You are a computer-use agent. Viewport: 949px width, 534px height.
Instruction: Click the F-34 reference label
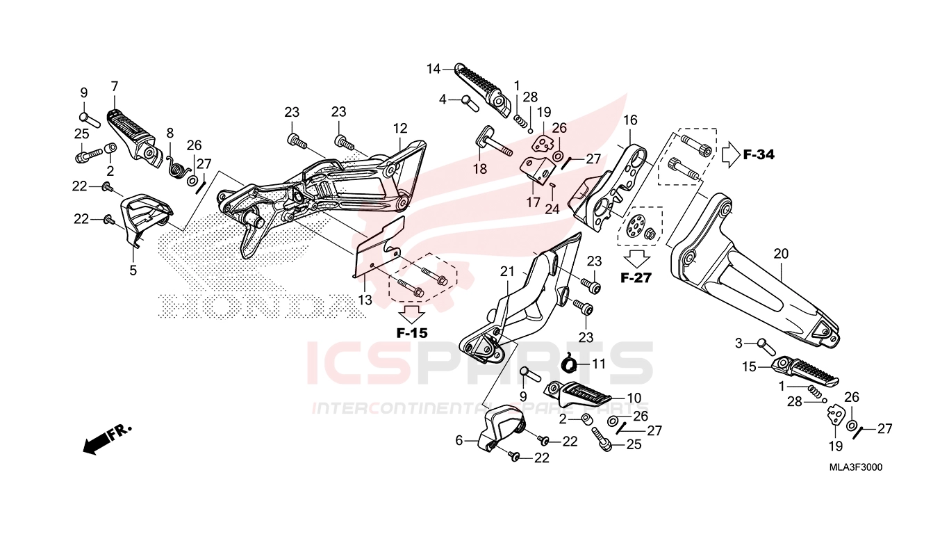[759, 155]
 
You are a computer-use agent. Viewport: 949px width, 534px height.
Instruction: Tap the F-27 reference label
[636, 278]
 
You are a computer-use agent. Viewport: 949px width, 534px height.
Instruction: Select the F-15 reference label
[412, 333]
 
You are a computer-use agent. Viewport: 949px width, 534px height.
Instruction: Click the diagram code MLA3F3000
[856, 467]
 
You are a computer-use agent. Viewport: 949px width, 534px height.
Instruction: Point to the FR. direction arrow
[107, 439]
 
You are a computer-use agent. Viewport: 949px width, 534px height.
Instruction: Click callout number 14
[434, 69]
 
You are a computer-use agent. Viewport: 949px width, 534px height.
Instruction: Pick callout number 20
[781, 254]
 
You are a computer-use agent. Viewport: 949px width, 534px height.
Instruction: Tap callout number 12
[400, 128]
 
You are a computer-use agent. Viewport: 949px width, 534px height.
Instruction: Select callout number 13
[365, 300]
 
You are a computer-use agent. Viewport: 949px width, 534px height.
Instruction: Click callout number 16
[630, 120]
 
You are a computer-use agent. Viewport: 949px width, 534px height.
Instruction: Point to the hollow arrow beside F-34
[730, 155]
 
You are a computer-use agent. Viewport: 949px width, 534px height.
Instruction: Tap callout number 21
[506, 272]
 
